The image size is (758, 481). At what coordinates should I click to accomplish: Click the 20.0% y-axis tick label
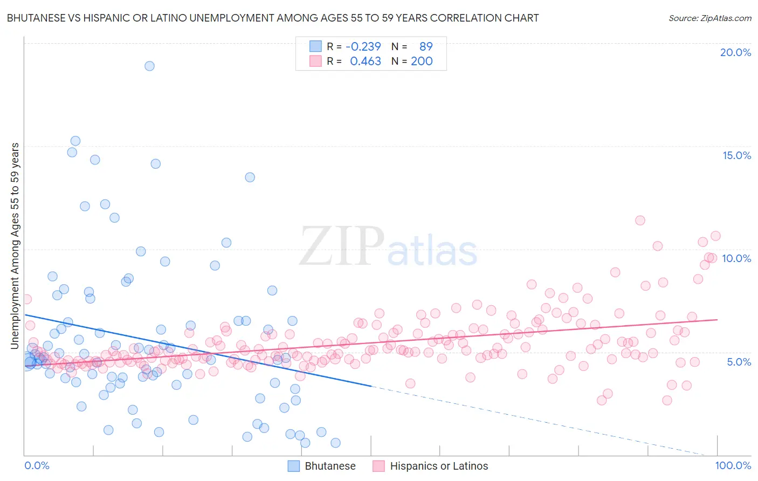pyautogui.click(x=735, y=52)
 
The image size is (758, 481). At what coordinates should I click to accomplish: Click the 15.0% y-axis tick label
pyautogui.click(x=736, y=155)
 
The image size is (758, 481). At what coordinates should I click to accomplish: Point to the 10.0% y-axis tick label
pyautogui.click(x=736, y=258)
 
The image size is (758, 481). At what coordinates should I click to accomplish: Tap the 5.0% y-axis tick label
pyautogui.click(x=739, y=362)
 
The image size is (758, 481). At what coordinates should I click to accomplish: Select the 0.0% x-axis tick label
pyautogui.click(x=37, y=465)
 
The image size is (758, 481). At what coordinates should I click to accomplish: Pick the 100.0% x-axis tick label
pyautogui.click(x=733, y=465)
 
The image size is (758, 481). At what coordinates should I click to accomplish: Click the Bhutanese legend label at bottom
pyautogui.click(x=330, y=466)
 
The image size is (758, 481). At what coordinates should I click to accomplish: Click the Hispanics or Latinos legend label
pyautogui.click(x=439, y=466)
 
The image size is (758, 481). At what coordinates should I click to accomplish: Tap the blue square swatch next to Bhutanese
pyautogui.click(x=293, y=466)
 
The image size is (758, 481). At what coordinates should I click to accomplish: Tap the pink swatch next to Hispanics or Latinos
pyautogui.click(x=378, y=466)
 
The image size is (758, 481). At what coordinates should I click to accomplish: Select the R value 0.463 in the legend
pyautogui.click(x=365, y=61)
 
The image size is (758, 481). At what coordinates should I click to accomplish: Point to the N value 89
pyautogui.click(x=426, y=46)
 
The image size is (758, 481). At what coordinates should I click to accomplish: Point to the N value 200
pyautogui.click(x=422, y=61)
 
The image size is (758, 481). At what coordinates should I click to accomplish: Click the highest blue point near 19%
pyautogui.click(x=149, y=66)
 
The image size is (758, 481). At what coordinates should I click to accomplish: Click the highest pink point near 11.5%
pyautogui.click(x=640, y=220)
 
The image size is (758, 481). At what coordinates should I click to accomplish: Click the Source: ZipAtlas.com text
pyautogui.click(x=709, y=18)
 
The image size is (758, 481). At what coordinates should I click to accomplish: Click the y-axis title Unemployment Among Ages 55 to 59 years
pyautogui.click(x=15, y=245)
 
